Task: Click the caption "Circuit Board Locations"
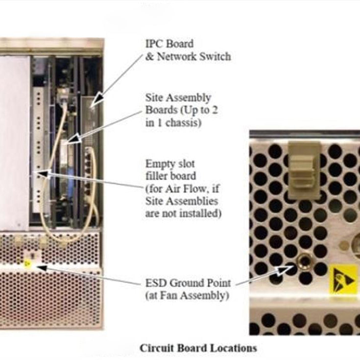[198, 348]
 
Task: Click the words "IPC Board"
[169, 44]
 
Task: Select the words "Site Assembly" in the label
[178, 98]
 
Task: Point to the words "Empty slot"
[170, 164]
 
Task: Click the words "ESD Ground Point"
[188, 283]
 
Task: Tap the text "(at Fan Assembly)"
[187, 295]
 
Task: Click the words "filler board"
[170, 176]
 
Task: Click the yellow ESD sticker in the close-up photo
[343, 279]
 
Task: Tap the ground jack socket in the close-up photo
[304, 261]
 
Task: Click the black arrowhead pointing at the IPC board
[97, 98]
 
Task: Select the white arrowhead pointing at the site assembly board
[74, 140]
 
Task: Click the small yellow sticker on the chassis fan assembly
[27, 263]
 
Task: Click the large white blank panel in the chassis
[14, 143]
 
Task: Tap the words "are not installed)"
[183, 214]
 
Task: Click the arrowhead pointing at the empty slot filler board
[44, 174]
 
